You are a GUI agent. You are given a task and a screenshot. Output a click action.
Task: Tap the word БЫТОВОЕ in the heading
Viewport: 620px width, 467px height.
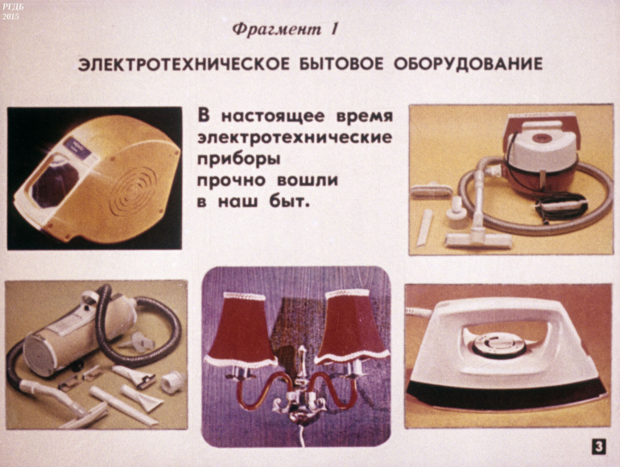click(x=341, y=64)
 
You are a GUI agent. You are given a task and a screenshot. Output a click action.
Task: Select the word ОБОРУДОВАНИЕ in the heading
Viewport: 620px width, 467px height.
click(x=468, y=64)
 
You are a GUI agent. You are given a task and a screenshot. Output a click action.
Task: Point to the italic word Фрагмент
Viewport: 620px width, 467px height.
click(x=276, y=30)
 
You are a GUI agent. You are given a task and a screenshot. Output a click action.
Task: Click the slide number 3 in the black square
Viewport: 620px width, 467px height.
click(x=599, y=446)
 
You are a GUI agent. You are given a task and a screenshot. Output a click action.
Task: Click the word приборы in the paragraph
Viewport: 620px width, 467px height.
click(x=238, y=159)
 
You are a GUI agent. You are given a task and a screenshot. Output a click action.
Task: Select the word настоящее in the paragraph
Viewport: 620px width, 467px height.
click(x=273, y=117)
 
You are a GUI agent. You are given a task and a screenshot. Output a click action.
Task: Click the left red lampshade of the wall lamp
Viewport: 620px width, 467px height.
click(x=241, y=330)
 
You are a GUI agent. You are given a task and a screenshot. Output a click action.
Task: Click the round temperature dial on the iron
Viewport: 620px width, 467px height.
click(x=500, y=345)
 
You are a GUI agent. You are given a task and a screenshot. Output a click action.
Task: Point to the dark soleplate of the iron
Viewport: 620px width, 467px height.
click(x=506, y=394)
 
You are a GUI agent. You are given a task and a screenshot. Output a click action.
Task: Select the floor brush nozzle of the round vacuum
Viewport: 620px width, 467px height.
click(x=478, y=240)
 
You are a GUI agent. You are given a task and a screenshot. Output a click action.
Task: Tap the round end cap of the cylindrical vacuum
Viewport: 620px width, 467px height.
click(x=39, y=354)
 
